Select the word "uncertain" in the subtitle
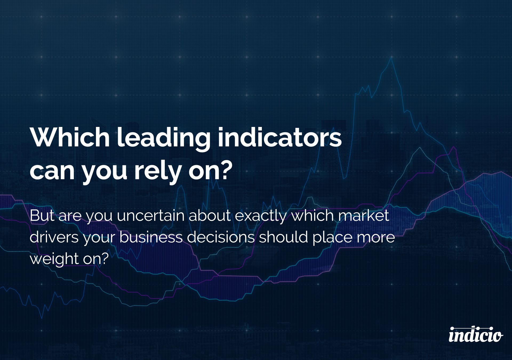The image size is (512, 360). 151,216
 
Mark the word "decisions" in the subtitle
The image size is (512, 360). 221,238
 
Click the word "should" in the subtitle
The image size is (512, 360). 283,238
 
